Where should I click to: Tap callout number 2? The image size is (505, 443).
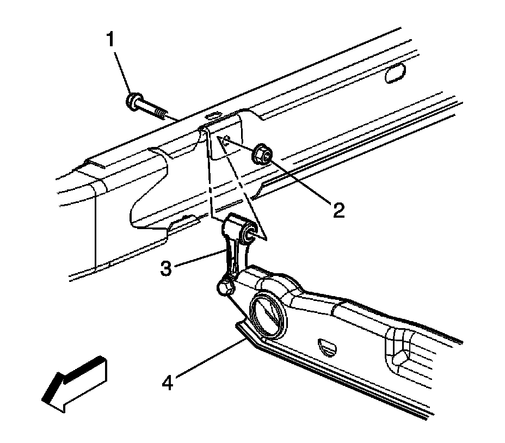(x=338, y=210)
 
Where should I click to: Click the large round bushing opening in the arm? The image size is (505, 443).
(x=267, y=314)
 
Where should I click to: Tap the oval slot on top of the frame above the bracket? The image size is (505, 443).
(x=213, y=115)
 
